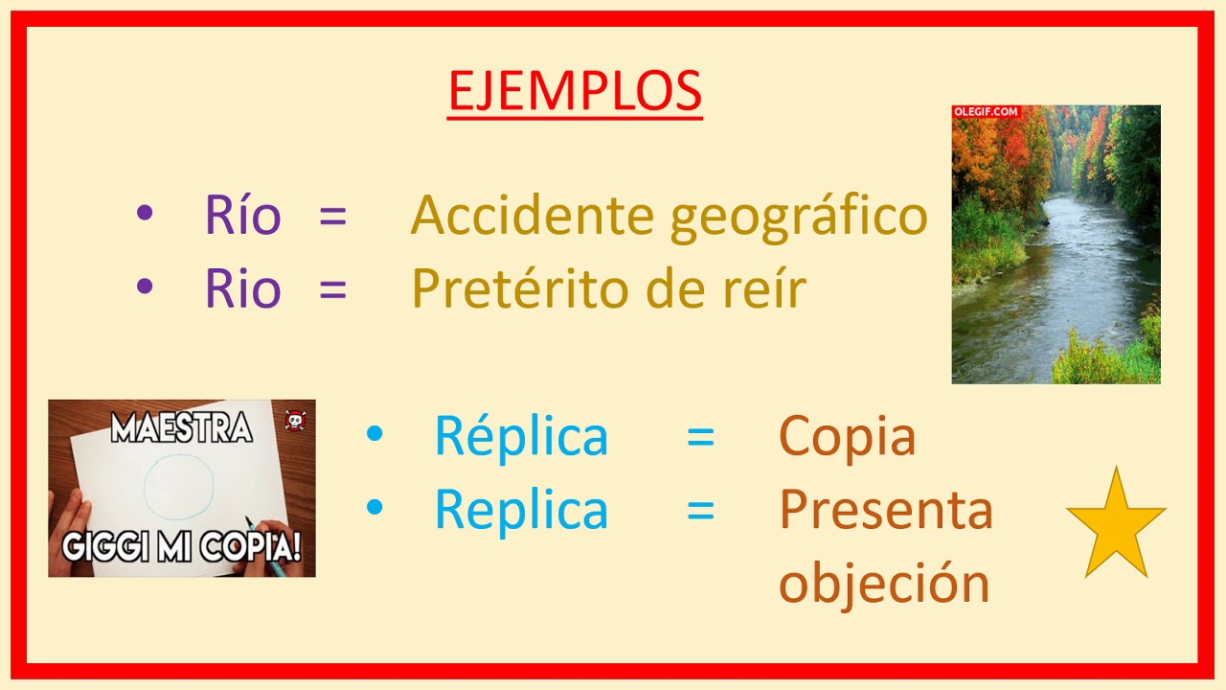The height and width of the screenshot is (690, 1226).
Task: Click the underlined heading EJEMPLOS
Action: (575, 91)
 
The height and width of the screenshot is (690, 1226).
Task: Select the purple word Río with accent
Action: (242, 215)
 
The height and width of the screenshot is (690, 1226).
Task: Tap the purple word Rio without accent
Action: (242, 288)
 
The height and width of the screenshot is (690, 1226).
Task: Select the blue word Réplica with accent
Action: (521, 436)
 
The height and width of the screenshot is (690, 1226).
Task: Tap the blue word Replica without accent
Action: (521, 510)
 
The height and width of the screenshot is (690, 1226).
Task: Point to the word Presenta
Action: (886, 510)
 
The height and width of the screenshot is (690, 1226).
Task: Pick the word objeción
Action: (883, 583)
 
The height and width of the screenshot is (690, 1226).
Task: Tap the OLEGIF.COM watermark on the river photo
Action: (986, 112)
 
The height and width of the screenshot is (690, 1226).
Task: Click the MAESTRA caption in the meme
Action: (181, 427)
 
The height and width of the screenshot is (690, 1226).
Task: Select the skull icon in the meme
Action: (294, 421)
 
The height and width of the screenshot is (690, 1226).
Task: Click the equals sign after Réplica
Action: (700, 436)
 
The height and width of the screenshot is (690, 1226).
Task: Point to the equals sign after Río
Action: (332, 215)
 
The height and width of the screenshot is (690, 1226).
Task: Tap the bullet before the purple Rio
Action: (145, 286)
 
